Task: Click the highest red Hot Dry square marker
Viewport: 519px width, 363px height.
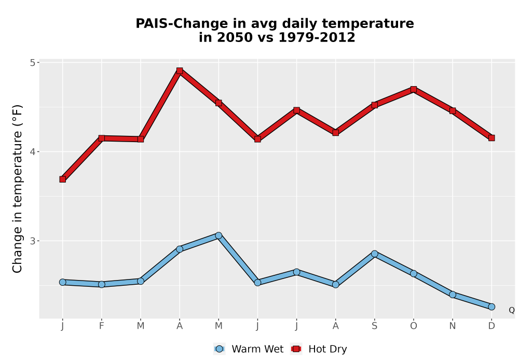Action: click(180, 71)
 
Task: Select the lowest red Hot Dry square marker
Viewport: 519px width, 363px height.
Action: click(63, 179)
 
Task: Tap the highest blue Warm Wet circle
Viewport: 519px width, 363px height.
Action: click(218, 235)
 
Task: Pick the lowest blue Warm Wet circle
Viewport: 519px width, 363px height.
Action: click(491, 307)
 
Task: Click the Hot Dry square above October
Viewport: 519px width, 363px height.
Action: click(414, 89)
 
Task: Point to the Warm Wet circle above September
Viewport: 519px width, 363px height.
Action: click(374, 254)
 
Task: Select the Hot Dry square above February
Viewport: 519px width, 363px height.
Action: click(102, 138)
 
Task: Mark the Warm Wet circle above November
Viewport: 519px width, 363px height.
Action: click(453, 295)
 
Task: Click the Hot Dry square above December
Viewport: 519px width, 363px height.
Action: click(491, 138)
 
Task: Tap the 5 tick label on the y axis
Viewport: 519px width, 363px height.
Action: click(32, 62)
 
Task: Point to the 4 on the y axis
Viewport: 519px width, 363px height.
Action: click(32, 152)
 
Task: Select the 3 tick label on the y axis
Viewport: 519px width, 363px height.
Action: click(32, 241)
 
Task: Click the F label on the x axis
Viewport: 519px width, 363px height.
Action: click(102, 326)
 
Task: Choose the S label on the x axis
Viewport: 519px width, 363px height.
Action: click(374, 326)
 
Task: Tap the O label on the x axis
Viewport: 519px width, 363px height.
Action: click(414, 326)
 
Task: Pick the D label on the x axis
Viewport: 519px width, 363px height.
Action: click(491, 326)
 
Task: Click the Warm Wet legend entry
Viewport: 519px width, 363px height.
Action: click(249, 349)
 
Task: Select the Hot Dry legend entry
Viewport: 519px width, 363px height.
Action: click(319, 349)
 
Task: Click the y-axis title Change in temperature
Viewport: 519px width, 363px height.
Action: click(17, 189)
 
